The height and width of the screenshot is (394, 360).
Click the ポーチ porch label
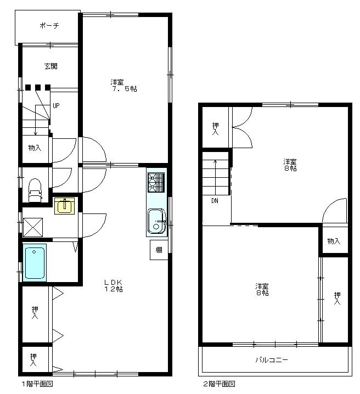(x=49, y=26)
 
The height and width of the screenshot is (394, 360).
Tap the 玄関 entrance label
(x=50, y=66)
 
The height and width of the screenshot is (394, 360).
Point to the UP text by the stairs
(x=56, y=105)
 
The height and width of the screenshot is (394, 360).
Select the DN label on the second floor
(x=215, y=201)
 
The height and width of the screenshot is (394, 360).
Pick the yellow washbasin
(x=64, y=206)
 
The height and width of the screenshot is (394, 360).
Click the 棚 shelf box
(x=159, y=250)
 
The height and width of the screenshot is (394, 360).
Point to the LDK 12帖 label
(x=114, y=285)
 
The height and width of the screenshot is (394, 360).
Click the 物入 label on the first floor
(x=35, y=148)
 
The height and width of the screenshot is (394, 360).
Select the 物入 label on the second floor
(x=334, y=241)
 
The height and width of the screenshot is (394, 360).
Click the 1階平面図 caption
(x=37, y=384)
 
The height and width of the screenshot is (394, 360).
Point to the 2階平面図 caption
(x=218, y=384)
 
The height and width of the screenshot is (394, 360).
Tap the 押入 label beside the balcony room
(x=337, y=299)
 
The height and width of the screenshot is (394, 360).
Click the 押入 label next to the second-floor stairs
(x=215, y=128)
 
